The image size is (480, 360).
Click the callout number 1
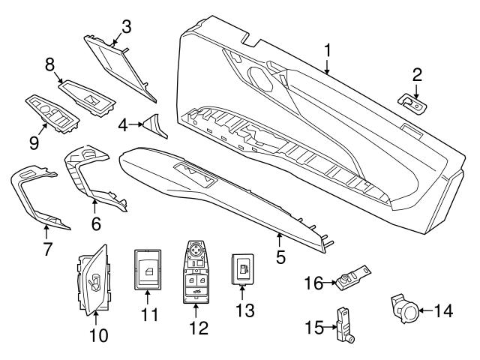[327, 51]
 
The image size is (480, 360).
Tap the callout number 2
[416, 74]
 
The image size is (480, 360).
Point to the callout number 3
[126, 28]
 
